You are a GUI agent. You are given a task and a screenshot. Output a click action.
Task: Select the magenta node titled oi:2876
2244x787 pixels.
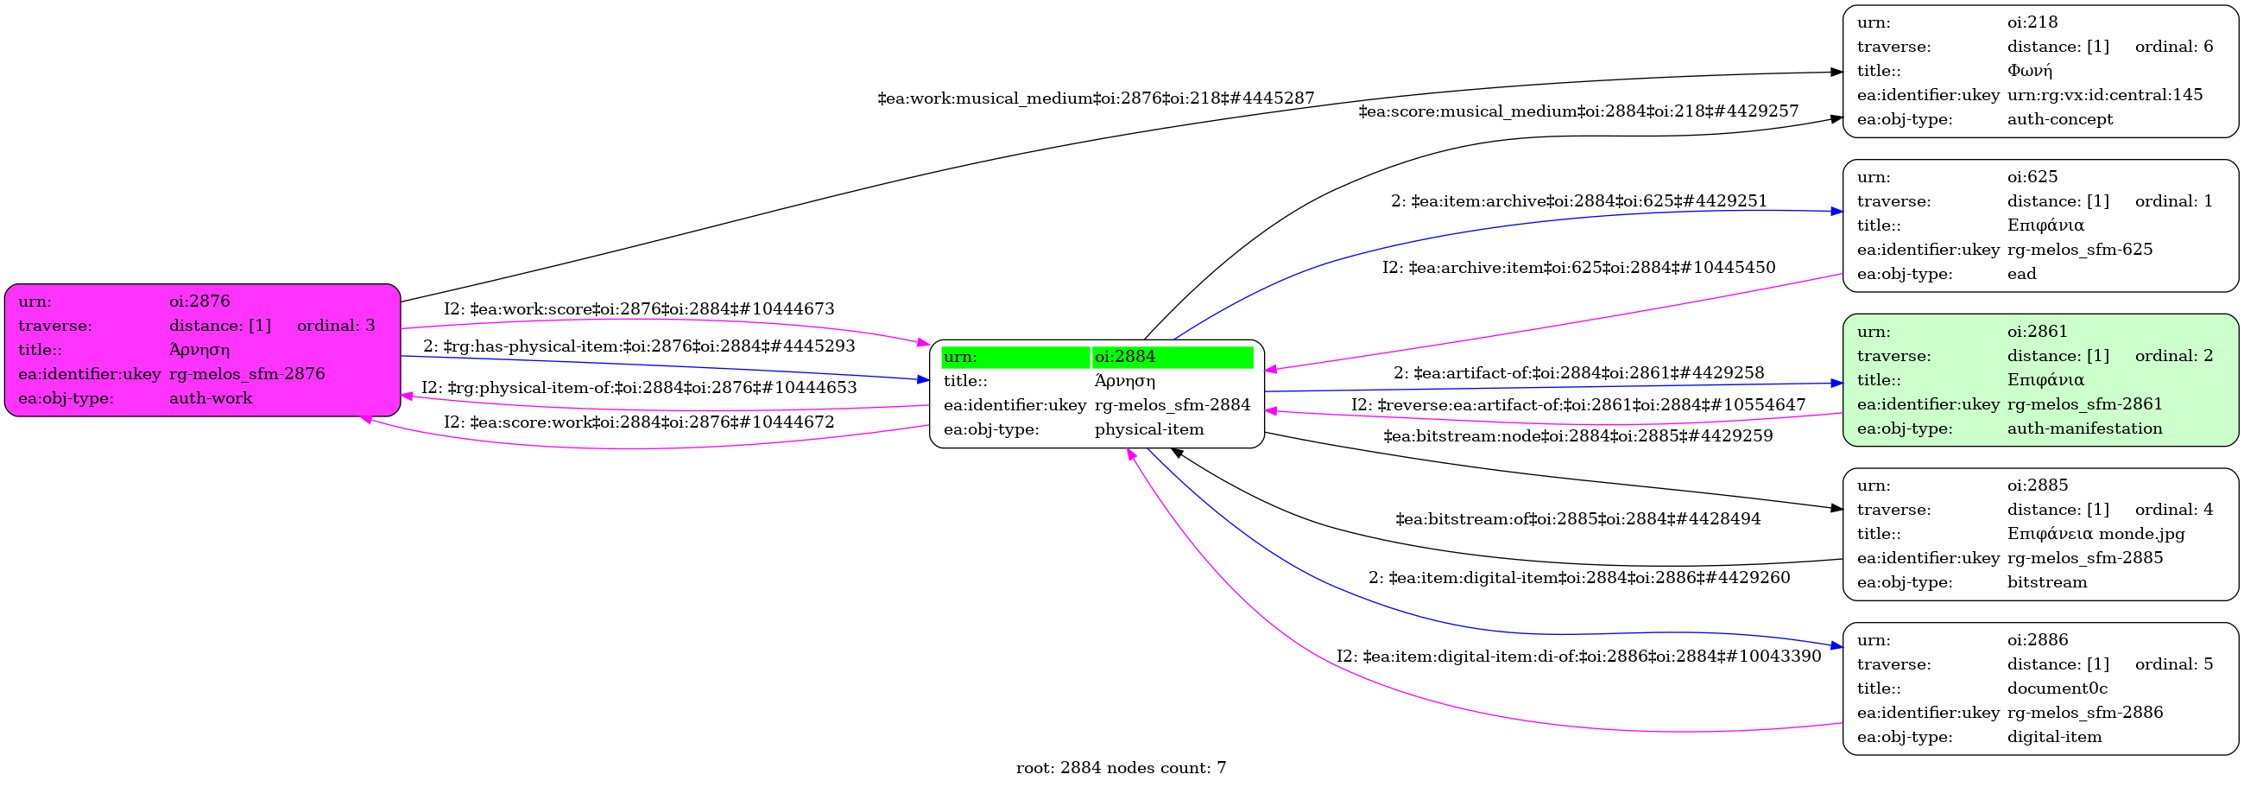202,350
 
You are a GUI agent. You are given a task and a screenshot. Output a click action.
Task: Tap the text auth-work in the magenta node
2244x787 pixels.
211,398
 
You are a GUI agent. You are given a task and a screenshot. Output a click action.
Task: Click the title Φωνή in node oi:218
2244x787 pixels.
2030,71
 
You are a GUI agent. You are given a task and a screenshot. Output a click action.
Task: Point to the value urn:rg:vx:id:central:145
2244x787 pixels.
2105,95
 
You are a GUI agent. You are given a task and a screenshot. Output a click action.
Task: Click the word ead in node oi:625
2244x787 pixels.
2022,274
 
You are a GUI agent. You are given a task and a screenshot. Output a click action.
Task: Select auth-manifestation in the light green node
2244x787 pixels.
2084,428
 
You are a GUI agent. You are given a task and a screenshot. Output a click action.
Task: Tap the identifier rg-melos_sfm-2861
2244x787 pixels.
2084,403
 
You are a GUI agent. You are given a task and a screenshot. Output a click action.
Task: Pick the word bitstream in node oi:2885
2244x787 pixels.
2047,582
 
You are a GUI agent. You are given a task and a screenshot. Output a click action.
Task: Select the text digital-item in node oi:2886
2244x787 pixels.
2054,737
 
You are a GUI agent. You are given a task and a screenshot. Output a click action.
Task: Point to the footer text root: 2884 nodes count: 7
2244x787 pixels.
1120,768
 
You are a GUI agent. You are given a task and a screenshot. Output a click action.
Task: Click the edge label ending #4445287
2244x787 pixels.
1095,98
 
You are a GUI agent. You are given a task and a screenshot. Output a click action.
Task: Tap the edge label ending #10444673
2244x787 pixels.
639,309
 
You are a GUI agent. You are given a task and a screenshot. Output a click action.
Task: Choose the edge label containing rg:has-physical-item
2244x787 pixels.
639,346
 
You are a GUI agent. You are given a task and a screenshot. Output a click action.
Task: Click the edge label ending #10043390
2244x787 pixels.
1578,657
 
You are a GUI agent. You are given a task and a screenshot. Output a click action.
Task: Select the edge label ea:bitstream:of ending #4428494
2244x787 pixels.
1577,519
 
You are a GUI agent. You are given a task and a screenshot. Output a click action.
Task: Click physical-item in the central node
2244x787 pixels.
1149,429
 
